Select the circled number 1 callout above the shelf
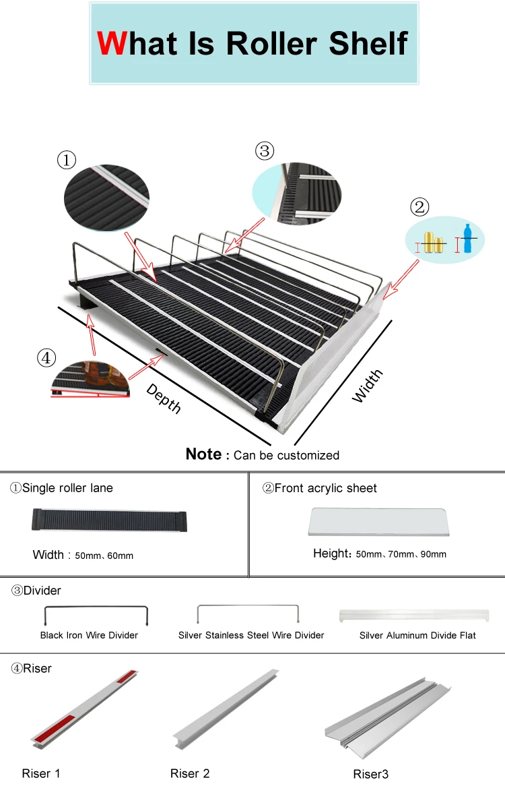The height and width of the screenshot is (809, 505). tap(66, 160)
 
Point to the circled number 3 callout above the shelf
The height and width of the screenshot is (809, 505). tap(265, 151)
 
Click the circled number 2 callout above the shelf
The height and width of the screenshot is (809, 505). tap(419, 207)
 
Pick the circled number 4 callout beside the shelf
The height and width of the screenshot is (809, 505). tap(46, 358)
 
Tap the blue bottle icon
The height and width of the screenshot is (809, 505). tap(468, 239)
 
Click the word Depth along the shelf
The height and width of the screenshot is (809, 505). tap(164, 398)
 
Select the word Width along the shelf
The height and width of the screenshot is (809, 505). tap(368, 386)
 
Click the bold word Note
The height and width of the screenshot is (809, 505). tap(203, 454)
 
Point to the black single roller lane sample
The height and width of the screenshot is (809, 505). tap(109, 520)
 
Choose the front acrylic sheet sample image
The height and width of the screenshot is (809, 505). tap(378, 521)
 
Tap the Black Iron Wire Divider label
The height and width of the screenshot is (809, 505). tap(89, 635)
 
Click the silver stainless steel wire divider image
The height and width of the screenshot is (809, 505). tap(248, 613)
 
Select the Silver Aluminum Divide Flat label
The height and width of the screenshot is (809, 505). tap(417, 635)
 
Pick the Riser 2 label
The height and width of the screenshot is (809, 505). tap(190, 773)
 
